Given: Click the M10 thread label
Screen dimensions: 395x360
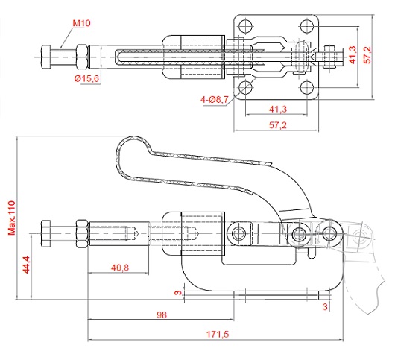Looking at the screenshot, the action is [81, 23].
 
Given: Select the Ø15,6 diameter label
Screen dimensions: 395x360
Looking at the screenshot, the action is [86, 79].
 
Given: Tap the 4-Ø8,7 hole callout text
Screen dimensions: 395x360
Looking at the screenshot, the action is [215, 100].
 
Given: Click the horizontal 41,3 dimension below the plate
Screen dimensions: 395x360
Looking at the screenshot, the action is [278, 109].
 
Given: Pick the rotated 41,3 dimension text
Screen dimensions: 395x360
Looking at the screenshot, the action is [353, 54].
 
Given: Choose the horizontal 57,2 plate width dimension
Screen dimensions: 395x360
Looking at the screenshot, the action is [277, 125].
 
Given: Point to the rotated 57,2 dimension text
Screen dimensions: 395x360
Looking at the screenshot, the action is [367, 54].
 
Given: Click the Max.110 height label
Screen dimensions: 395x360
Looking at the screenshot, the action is [12, 218].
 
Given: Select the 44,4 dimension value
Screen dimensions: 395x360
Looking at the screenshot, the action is [26, 265].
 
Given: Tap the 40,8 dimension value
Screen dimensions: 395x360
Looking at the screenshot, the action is [120, 268].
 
